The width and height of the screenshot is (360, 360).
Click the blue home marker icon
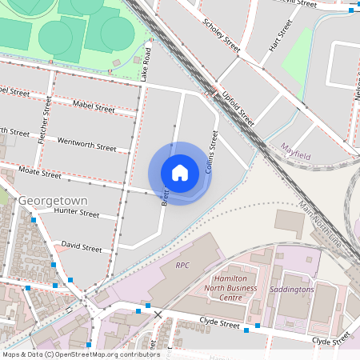coord(180,173)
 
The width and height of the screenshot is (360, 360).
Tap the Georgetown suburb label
coord(52,199)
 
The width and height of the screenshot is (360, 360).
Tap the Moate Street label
coord(40,173)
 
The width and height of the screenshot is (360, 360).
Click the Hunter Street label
coord(76,214)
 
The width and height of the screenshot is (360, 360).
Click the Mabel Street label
coord(94,104)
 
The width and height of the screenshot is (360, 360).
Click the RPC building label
coord(183,264)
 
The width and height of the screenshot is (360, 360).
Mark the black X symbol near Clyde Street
coord(158,314)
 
